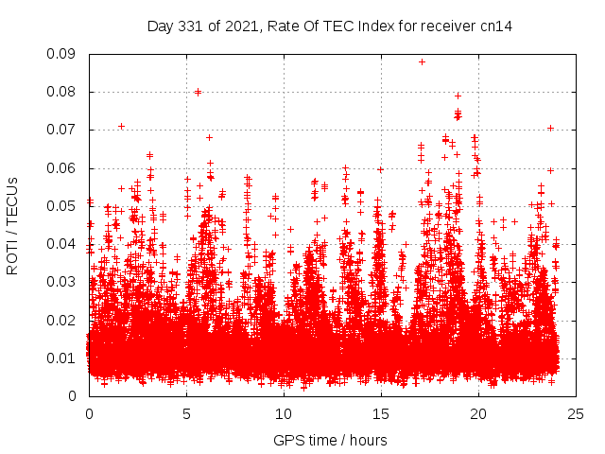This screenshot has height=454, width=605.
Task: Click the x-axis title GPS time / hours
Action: (330, 440)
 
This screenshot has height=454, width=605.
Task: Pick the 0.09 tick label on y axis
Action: (65, 54)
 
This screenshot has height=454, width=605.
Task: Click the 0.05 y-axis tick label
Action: (65, 205)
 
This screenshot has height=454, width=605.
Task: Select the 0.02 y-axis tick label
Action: (65, 320)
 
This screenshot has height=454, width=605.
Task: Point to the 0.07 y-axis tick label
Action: (65, 130)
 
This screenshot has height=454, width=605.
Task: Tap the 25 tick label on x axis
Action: (576, 413)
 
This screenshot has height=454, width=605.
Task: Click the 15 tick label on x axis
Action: (381, 413)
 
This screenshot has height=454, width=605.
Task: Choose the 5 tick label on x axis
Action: (186, 413)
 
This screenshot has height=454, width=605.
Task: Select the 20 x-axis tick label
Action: (478, 413)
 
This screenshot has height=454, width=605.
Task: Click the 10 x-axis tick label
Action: (284, 413)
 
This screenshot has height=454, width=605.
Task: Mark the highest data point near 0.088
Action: (422, 61)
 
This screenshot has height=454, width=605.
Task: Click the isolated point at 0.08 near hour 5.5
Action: (198, 92)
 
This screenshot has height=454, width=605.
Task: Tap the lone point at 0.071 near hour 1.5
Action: (121, 126)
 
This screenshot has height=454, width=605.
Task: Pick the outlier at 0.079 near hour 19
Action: (458, 96)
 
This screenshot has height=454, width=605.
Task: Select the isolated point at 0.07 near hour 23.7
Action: (550, 128)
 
